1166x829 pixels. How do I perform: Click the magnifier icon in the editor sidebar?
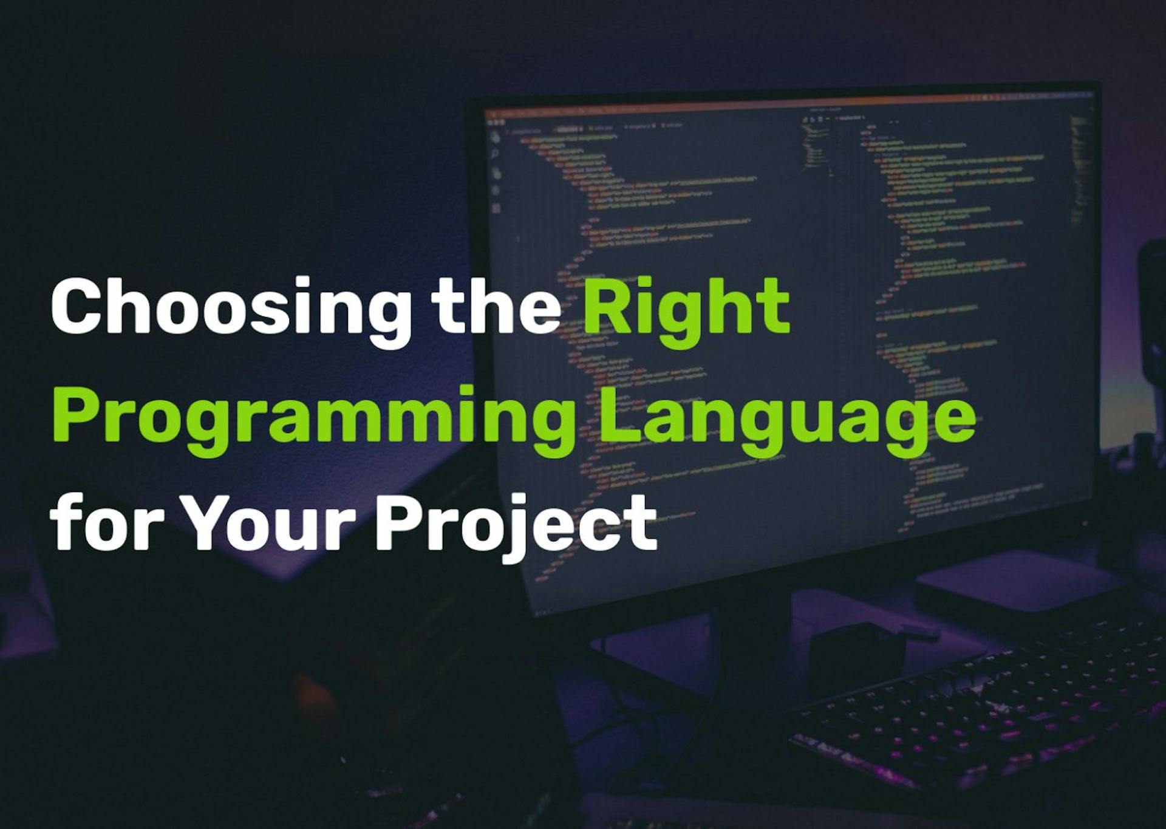tap(495, 154)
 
